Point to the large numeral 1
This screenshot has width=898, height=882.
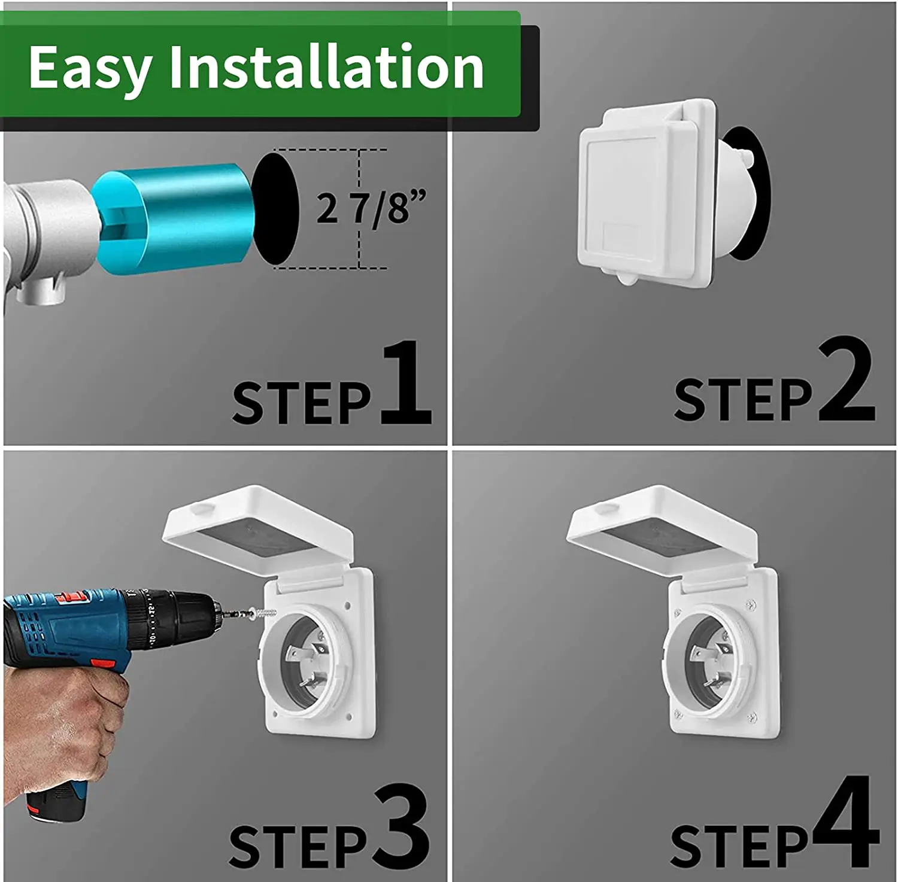tap(406, 383)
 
